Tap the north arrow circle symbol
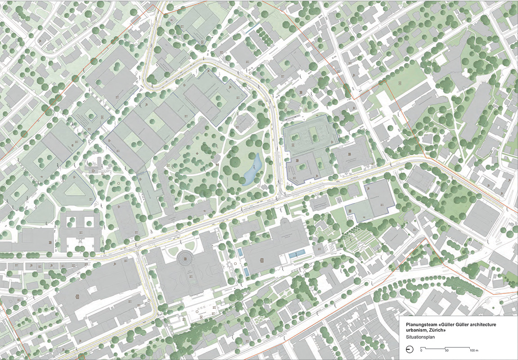[409, 349]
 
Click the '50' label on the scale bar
[446, 350]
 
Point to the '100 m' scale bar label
[473, 350]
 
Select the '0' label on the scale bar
[421, 350]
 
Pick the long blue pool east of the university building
[298, 254]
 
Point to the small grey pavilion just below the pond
[259, 185]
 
